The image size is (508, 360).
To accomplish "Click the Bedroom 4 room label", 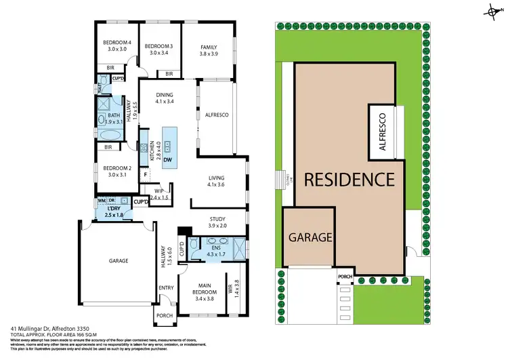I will [x=114, y=42].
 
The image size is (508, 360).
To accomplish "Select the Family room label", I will [x=207, y=47].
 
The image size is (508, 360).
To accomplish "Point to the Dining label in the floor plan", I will [x=164, y=95].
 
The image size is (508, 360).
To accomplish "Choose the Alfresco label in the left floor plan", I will [x=216, y=115].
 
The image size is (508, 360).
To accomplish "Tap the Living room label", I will [x=217, y=178].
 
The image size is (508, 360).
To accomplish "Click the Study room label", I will [x=217, y=218].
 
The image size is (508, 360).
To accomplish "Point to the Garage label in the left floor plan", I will [x=119, y=260].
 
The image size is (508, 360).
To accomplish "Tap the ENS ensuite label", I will [x=216, y=247].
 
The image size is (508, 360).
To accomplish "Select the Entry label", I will [x=166, y=287].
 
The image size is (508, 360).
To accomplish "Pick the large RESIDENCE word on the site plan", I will [x=348, y=180].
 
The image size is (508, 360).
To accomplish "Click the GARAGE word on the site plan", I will [x=310, y=238].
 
